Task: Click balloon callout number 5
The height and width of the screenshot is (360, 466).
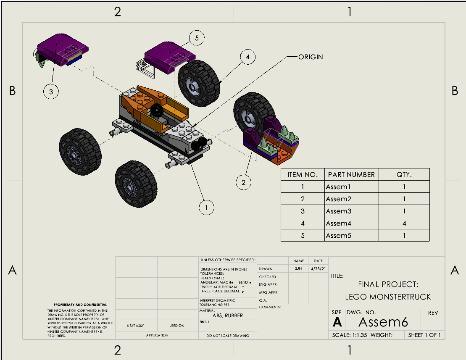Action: (197, 38)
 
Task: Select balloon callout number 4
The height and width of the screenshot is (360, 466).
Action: (248, 57)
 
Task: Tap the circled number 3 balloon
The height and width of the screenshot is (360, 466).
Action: (51, 92)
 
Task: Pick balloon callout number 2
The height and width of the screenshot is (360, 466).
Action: (243, 182)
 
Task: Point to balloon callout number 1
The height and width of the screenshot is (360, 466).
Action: (206, 207)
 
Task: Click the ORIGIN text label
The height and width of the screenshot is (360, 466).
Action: (311, 57)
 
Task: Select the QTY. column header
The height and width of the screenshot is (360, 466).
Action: (404, 174)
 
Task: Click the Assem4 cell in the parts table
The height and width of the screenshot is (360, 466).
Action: (338, 223)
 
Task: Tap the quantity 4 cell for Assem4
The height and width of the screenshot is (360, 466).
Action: (404, 223)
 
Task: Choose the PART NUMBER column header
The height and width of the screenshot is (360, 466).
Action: (351, 174)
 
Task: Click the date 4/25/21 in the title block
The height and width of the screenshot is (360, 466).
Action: (318, 269)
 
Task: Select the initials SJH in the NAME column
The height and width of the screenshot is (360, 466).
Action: (298, 269)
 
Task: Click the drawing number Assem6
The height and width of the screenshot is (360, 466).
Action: (383, 322)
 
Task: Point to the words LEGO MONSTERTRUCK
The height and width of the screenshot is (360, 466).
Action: (388, 297)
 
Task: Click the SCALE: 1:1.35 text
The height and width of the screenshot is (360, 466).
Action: (350, 335)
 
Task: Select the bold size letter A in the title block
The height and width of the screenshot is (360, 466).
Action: (337, 322)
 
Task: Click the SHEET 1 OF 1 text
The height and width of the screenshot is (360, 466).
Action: (424, 335)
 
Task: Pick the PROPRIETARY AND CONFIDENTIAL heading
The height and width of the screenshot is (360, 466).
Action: (80, 305)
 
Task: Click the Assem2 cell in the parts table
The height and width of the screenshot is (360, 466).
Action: (338, 199)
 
